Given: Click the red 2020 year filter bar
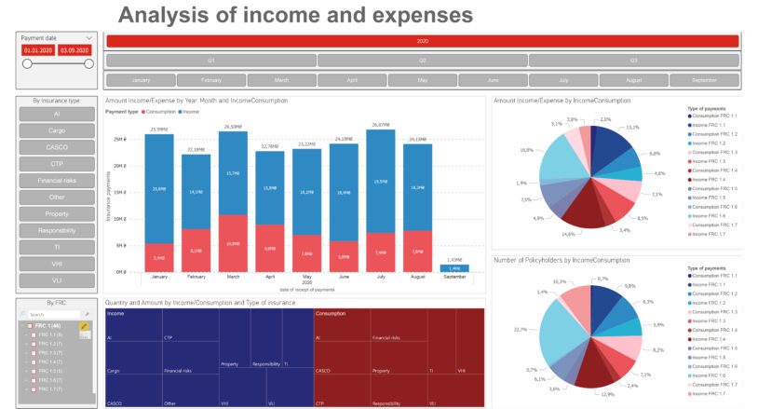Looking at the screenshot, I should click(x=422, y=41).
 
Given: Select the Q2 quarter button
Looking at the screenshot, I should click(x=422, y=61).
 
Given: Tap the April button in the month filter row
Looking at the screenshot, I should click(x=352, y=80).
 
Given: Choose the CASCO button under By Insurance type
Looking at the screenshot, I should click(x=56, y=146).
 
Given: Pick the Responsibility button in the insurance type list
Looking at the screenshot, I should click(x=56, y=229).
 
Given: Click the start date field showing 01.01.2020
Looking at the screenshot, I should click(x=38, y=50).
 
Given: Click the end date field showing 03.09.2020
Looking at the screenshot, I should click(x=74, y=50).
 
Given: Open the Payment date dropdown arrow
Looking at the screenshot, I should click(x=89, y=38).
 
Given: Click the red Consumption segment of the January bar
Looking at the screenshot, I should click(x=159, y=257).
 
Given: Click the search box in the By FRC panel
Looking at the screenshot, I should click(x=50, y=315).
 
